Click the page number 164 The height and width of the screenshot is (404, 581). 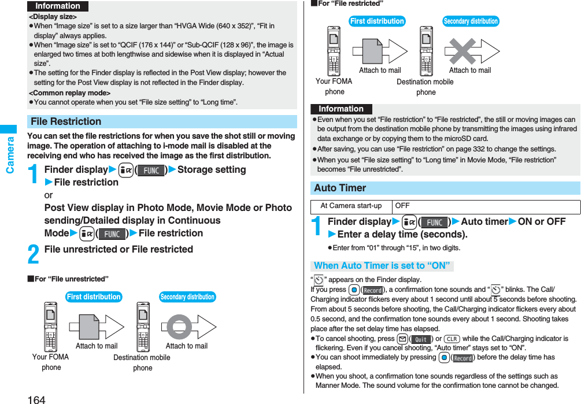(x=36, y=399)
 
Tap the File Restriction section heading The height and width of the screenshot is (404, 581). (x=66, y=122)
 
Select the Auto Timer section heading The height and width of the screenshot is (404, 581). (x=340, y=188)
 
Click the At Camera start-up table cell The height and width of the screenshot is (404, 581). (x=351, y=206)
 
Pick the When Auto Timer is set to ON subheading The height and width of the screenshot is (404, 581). (x=382, y=266)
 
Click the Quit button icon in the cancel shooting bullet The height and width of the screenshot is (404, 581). (x=421, y=339)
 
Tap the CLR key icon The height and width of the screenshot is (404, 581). (x=452, y=339)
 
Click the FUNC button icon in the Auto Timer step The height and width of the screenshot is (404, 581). (x=434, y=222)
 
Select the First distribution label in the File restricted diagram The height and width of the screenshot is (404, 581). (x=377, y=21)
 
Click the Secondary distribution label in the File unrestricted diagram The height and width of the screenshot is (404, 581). (x=187, y=297)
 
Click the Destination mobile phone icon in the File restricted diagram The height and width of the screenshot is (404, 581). (x=426, y=51)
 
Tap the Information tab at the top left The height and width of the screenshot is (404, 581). (x=58, y=6)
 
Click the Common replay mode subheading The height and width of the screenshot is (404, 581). (x=70, y=93)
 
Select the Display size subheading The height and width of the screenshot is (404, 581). (x=53, y=17)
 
